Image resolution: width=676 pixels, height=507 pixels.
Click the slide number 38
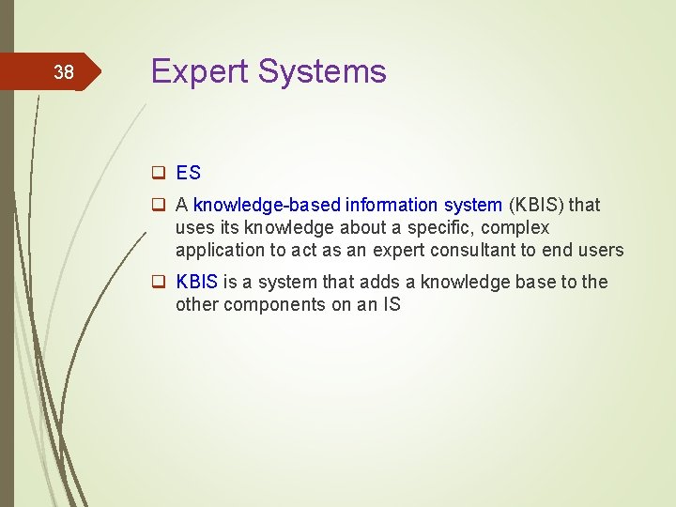[63, 72]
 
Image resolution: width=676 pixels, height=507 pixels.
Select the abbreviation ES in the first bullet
[188, 173]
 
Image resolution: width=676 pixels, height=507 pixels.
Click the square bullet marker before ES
[159, 173]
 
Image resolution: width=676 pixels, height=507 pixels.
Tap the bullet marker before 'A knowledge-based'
[159, 205]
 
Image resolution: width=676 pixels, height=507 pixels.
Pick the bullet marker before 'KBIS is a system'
[159, 283]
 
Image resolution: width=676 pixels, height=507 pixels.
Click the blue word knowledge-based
[267, 205]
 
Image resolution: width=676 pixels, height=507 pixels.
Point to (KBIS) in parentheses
[539, 205]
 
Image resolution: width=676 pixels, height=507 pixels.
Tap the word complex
[515, 228]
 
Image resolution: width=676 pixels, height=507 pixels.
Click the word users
[601, 250]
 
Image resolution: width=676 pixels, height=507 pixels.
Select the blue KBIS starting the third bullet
[197, 282]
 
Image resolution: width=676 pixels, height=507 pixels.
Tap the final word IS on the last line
[391, 304]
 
